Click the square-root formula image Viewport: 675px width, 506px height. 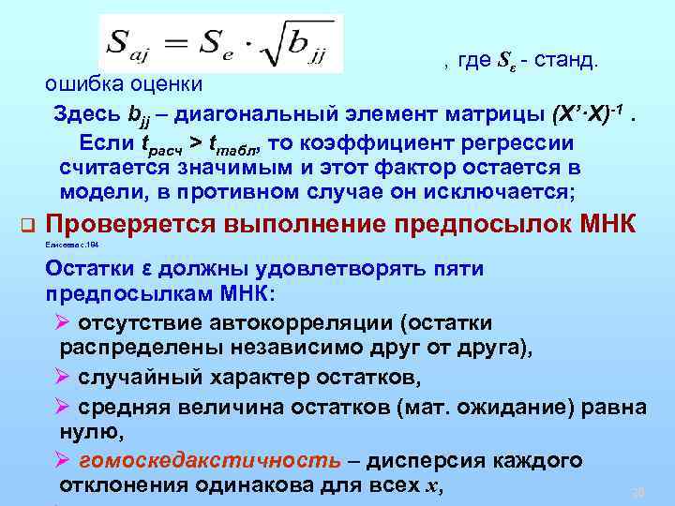pos(220,43)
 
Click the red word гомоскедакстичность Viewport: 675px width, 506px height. pos(210,461)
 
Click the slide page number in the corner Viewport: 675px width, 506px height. pos(640,491)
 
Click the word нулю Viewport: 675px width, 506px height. pos(88,432)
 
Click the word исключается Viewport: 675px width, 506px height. pos(491,192)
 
